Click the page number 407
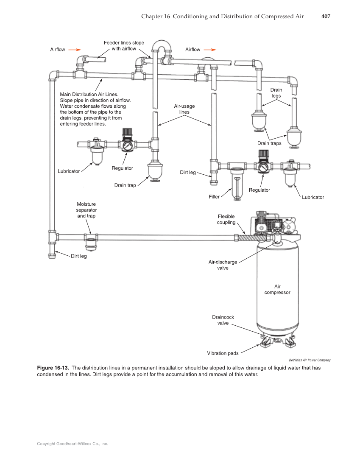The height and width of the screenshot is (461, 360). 325,17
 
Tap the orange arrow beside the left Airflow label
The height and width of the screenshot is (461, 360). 75,50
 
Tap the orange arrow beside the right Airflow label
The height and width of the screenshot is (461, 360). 210,50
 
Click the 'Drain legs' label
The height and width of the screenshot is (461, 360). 276,93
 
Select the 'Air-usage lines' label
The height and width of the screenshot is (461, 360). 184,109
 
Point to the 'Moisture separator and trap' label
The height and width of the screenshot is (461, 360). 86,210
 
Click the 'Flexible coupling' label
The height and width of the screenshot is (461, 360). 226,219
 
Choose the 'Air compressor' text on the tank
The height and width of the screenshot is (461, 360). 277,289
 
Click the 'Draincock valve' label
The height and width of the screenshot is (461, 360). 223,320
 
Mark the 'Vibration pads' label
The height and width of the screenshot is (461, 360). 223,353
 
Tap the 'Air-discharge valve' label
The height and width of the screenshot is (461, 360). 223,265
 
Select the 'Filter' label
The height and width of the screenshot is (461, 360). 214,197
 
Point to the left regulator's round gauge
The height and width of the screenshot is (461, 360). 126,146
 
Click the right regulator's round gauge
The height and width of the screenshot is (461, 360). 262,167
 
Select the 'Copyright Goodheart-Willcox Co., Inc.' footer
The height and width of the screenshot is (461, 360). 73,444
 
